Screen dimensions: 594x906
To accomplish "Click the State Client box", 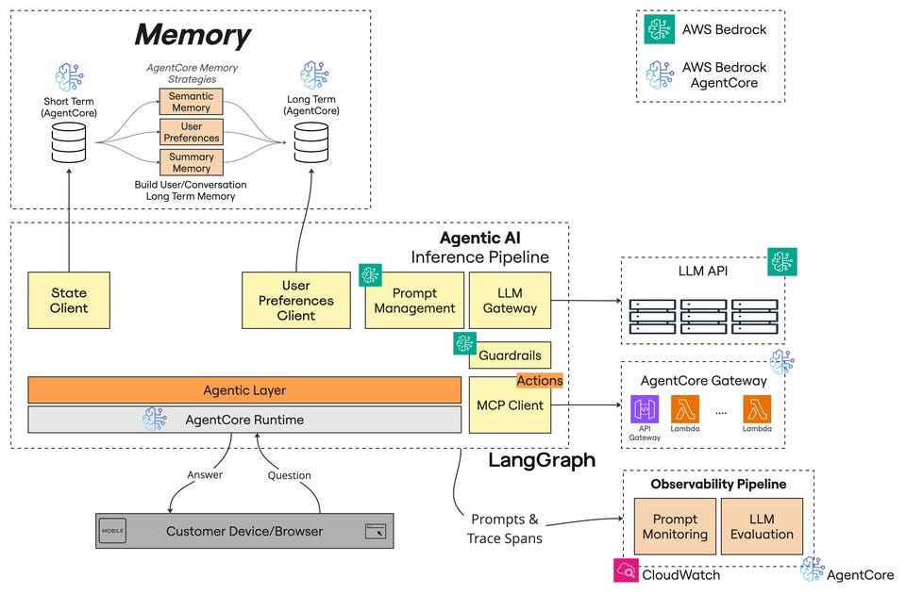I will pyautogui.click(x=69, y=300).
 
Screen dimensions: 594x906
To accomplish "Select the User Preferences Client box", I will pyautogui.click(x=295, y=300).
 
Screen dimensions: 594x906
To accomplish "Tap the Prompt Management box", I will pyautogui.click(x=414, y=300).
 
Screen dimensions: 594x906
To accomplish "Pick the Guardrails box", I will pyautogui.click(x=511, y=355).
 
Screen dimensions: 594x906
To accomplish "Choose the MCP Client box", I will pyautogui.click(x=510, y=404).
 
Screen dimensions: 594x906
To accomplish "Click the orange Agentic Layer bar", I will pyautogui.click(x=244, y=389).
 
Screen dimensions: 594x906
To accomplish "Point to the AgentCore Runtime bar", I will pyautogui.click(x=244, y=420).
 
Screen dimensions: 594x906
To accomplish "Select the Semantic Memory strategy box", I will pyautogui.click(x=191, y=102).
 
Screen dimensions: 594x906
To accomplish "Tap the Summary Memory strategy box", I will pyautogui.click(x=191, y=162).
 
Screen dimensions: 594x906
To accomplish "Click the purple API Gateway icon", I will pyautogui.click(x=645, y=409).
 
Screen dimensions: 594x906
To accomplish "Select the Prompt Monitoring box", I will pyautogui.click(x=676, y=526).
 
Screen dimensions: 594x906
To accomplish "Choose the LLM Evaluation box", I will pyautogui.click(x=762, y=526).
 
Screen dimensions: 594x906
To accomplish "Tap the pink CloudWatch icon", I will pyautogui.click(x=626, y=570).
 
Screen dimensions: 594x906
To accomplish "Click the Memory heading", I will pyautogui.click(x=192, y=36).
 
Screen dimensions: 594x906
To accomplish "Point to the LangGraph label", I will pyautogui.click(x=541, y=460).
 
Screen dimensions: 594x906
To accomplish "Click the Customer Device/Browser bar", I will pyautogui.click(x=244, y=531).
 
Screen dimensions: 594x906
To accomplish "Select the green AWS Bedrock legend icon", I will pyautogui.click(x=659, y=29).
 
